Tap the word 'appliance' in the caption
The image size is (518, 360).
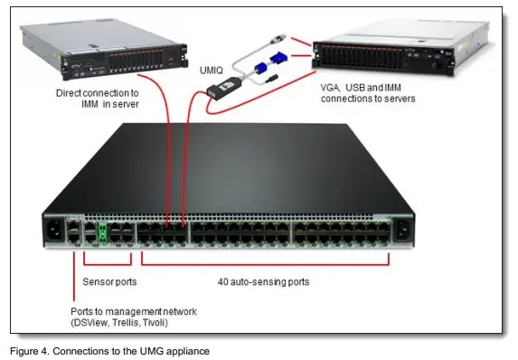(192, 349)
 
